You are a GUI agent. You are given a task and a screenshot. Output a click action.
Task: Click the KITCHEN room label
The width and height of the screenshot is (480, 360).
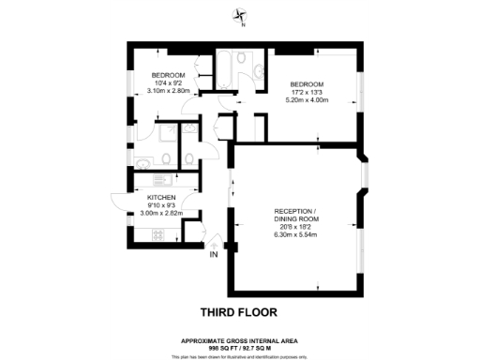pos(162,198)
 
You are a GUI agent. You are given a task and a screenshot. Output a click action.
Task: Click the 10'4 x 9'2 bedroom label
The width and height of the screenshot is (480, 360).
pos(169,82)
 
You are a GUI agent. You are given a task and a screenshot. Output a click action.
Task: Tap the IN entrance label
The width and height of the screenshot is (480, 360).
pos(213,253)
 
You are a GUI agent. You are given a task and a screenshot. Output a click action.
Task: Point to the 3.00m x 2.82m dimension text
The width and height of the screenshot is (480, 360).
pos(162,214)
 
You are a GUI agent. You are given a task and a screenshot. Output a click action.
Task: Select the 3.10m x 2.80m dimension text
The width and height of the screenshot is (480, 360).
pos(169,91)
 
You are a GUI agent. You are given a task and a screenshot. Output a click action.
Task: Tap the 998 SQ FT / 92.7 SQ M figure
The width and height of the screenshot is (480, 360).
pos(240,347)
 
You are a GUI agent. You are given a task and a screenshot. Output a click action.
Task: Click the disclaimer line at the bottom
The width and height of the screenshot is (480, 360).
pos(240,356)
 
